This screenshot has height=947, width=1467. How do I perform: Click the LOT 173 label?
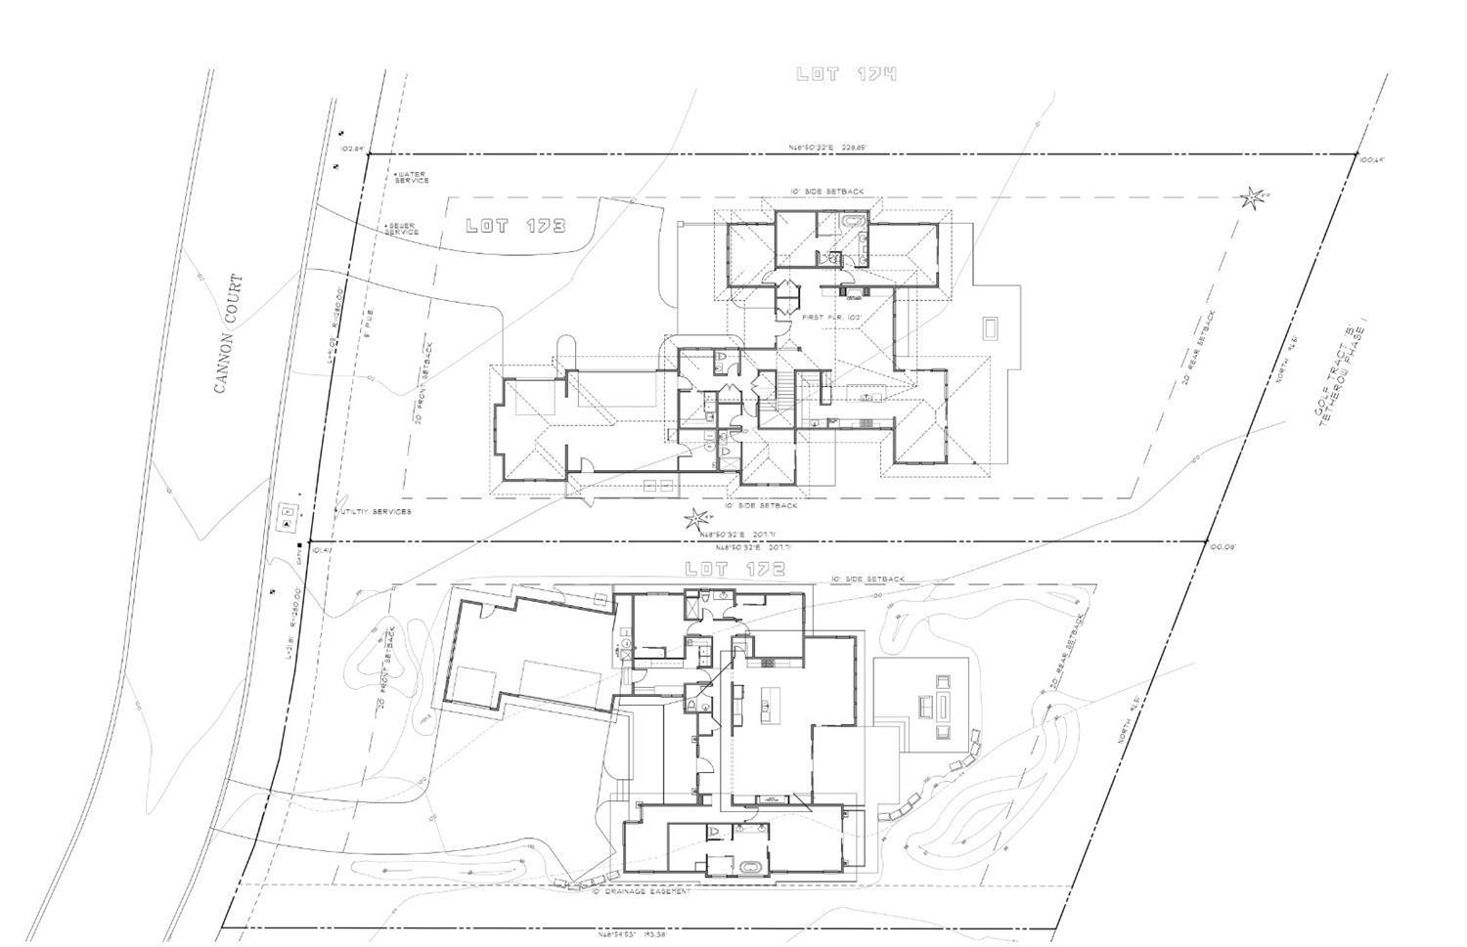click(x=514, y=226)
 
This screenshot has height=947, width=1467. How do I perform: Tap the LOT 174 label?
click(x=846, y=74)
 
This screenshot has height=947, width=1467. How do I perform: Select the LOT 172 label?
click(x=734, y=569)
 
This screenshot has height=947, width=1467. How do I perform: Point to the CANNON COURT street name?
click(x=228, y=333)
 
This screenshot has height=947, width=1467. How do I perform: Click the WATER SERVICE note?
click(x=412, y=178)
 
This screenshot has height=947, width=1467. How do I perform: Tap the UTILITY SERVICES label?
click(x=375, y=511)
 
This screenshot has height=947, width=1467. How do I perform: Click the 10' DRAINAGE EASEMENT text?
click(x=641, y=891)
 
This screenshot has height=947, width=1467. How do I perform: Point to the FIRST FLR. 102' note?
click(x=830, y=318)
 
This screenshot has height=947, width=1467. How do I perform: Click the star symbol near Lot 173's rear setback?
click(x=1251, y=198)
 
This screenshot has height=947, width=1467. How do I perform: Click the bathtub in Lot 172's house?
click(x=750, y=867)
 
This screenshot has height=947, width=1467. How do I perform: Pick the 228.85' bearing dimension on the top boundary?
click(x=827, y=148)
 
